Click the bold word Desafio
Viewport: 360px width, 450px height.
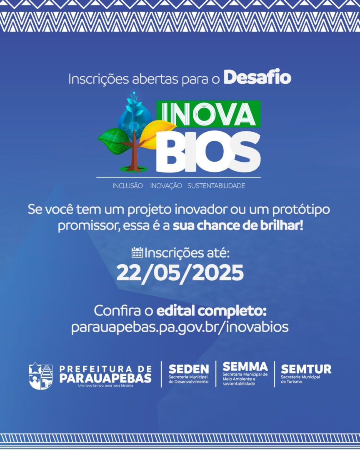click(x=257, y=77)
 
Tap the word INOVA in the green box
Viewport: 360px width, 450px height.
click(x=208, y=114)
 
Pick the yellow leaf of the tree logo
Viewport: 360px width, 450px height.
click(x=157, y=133)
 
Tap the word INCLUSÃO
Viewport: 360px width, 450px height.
click(x=127, y=186)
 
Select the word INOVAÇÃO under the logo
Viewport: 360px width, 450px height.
click(x=166, y=186)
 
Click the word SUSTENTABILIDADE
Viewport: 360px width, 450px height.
click(x=216, y=186)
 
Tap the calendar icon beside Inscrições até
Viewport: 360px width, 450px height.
click(x=137, y=252)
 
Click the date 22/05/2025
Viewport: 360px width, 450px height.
click(x=180, y=272)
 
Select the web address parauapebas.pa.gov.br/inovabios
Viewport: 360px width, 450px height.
click(x=180, y=327)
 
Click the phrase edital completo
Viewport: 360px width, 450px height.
click(x=212, y=311)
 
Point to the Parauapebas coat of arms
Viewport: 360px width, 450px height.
click(x=41, y=376)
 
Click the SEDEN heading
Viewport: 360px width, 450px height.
click(x=189, y=369)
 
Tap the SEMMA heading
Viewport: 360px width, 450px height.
click(x=245, y=367)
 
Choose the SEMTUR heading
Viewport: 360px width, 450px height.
click(x=306, y=369)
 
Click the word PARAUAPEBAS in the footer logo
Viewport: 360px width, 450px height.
click(x=105, y=378)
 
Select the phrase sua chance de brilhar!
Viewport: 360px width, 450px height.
click(x=237, y=226)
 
